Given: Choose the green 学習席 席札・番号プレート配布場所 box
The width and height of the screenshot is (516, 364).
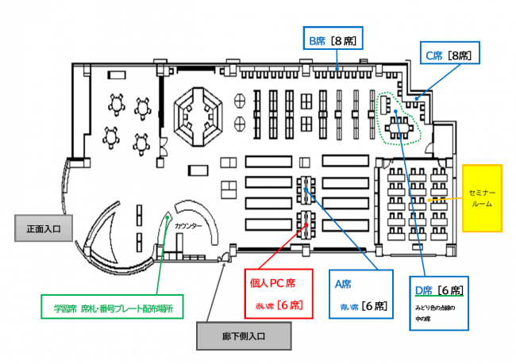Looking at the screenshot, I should click(x=113, y=305).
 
